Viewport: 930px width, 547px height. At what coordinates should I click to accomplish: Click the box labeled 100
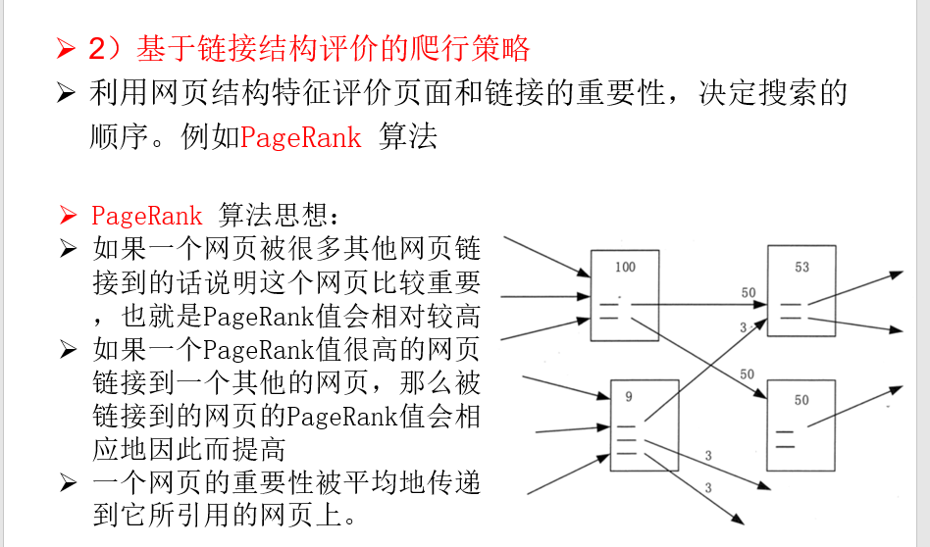(x=625, y=295)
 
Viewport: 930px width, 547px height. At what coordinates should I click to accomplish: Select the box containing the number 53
(x=801, y=292)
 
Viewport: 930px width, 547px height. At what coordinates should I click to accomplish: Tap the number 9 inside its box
(x=628, y=397)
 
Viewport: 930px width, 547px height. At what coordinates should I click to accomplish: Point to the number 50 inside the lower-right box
(x=801, y=400)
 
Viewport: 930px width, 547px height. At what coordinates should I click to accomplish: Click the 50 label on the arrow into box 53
(x=749, y=293)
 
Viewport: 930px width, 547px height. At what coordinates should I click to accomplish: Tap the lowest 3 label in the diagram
(x=707, y=488)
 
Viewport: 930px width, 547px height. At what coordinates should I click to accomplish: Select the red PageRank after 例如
(x=301, y=137)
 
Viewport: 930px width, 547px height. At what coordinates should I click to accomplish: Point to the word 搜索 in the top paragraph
(x=758, y=94)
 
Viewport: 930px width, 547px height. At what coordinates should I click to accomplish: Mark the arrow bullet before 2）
(x=66, y=47)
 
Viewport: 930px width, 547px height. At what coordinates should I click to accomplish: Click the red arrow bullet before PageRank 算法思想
(x=67, y=216)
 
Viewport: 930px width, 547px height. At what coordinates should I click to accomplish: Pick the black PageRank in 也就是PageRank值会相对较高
(x=260, y=317)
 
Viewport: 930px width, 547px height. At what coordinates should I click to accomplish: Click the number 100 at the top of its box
(x=625, y=267)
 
